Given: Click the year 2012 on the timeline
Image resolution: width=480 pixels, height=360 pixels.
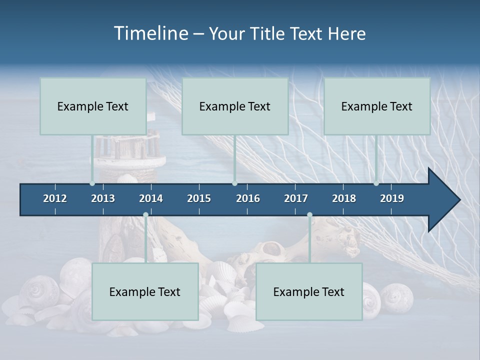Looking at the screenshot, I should click(55, 198).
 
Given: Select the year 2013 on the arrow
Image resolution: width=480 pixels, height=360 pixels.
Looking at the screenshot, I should click(103, 198).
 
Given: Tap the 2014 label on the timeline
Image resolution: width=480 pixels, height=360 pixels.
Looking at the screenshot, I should click(151, 198).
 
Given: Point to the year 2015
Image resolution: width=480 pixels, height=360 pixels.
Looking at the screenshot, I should click(199, 198).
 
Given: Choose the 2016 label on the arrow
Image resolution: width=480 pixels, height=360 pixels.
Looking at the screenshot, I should click(248, 198).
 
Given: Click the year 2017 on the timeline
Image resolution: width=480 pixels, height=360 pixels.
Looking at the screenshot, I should click(296, 198).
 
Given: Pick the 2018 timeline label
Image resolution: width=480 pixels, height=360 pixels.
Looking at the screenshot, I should click(344, 198).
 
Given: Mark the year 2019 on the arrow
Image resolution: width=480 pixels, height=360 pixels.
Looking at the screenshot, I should click(392, 198).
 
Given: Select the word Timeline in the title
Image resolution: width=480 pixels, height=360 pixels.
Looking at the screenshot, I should click(150, 33).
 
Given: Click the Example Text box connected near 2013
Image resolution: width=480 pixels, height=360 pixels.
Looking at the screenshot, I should click(93, 106).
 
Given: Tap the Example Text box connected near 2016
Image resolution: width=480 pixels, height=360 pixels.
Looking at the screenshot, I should click(235, 106).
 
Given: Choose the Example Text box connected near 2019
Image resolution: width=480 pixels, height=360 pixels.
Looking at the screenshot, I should click(377, 106).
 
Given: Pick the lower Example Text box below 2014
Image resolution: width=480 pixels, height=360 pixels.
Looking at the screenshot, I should click(145, 291).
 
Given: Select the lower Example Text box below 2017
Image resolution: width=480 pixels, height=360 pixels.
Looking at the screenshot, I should click(309, 291).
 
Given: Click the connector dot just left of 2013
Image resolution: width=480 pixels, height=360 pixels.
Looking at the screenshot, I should click(92, 183).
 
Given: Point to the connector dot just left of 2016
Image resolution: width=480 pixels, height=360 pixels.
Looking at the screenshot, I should click(234, 183).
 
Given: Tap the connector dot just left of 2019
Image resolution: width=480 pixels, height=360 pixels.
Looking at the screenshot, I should click(376, 183).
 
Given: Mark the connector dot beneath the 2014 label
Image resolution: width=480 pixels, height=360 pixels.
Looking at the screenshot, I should click(145, 215).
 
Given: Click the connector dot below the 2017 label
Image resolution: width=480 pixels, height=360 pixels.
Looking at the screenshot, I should click(309, 215).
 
